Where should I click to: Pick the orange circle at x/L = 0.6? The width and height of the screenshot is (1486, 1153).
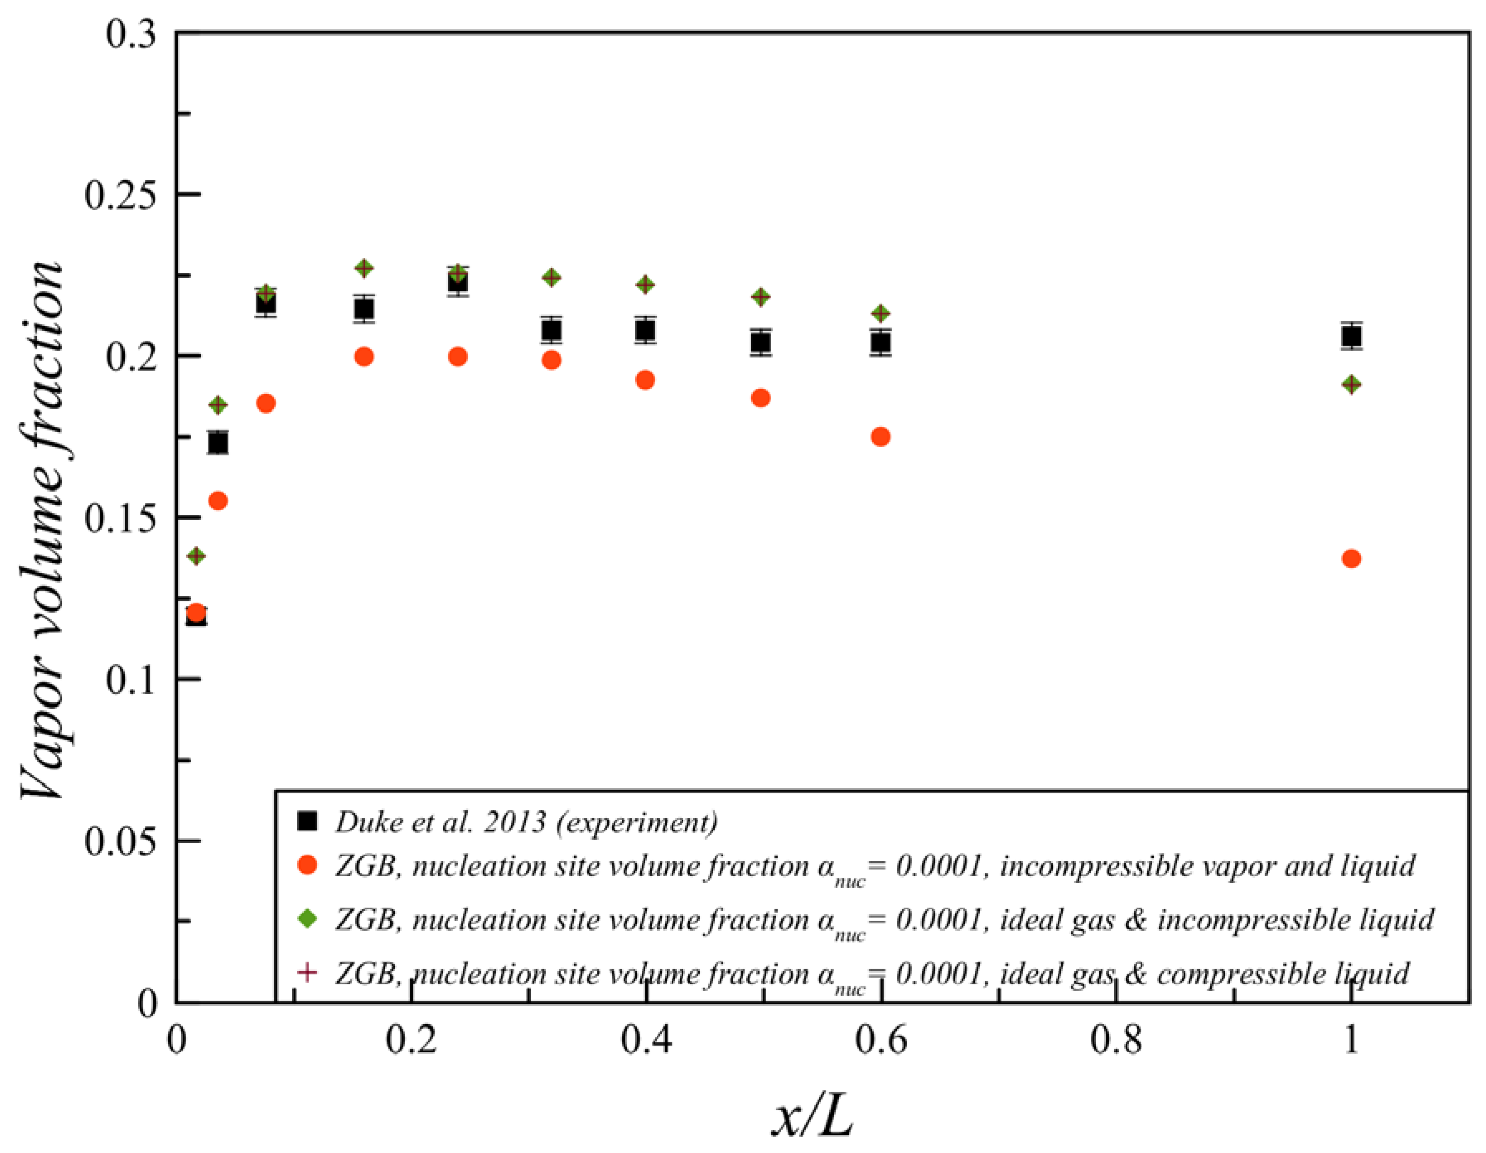tap(880, 437)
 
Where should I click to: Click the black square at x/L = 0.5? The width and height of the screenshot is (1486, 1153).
tap(761, 342)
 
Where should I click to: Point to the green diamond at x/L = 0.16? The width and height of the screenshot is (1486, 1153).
tap(364, 268)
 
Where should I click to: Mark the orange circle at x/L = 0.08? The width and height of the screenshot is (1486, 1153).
tap(266, 403)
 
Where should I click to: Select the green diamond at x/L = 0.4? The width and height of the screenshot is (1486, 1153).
tap(645, 284)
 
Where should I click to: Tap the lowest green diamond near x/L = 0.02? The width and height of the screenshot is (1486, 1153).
tap(196, 556)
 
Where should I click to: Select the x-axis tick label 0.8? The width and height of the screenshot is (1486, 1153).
tap(1116, 1041)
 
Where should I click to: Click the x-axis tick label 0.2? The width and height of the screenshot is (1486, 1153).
tap(411, 1041)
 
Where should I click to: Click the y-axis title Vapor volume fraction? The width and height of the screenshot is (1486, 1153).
tap(42, 530)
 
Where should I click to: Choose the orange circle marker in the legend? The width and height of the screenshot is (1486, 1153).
tap(308, 865)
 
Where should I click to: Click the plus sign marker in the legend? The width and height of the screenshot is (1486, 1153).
tap(308, 973)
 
